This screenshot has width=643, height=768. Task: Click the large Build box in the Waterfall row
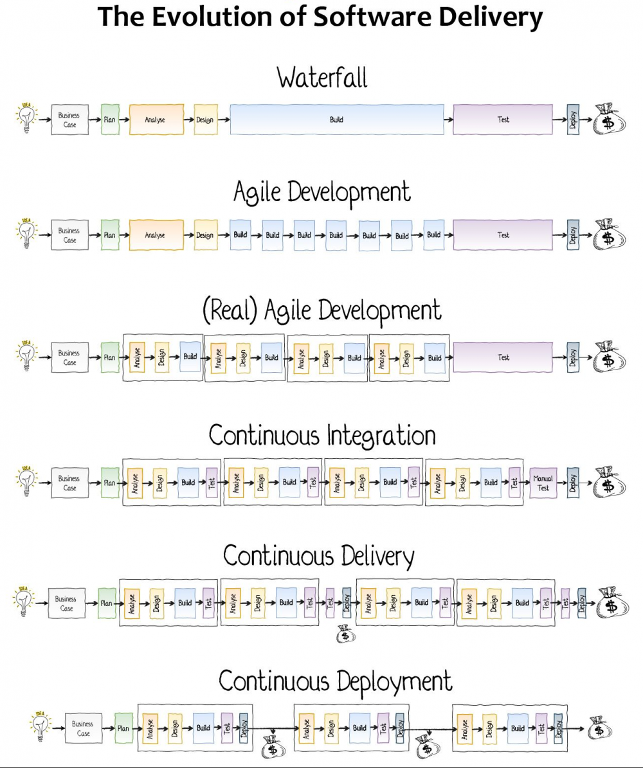tap(336, 120)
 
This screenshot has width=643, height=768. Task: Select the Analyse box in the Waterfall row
tap(156, 120)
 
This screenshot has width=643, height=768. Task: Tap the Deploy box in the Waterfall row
tap(573, 120)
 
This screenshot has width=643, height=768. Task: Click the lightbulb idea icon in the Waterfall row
tap(26, 119)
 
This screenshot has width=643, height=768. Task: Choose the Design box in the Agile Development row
tap(205, 235)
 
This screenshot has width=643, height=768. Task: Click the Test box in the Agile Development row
tap(503, 235)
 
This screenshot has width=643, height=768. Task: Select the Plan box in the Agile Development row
tap(110, 235)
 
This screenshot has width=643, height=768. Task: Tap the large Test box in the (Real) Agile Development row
tap(503, 357)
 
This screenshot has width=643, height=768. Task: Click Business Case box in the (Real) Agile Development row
tap(69, 357)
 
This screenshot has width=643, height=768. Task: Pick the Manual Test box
tap(543, 483)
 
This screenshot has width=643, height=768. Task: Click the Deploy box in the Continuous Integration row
tap(573, 483)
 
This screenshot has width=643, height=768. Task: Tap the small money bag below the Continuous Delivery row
tap(345, 634)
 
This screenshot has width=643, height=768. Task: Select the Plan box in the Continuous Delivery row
tap(107, 603)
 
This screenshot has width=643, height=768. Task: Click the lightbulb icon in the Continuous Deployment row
tap(41, 726)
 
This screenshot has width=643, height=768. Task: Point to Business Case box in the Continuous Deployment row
tap(84, 728)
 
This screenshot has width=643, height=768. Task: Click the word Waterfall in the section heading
tap(322, 78)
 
